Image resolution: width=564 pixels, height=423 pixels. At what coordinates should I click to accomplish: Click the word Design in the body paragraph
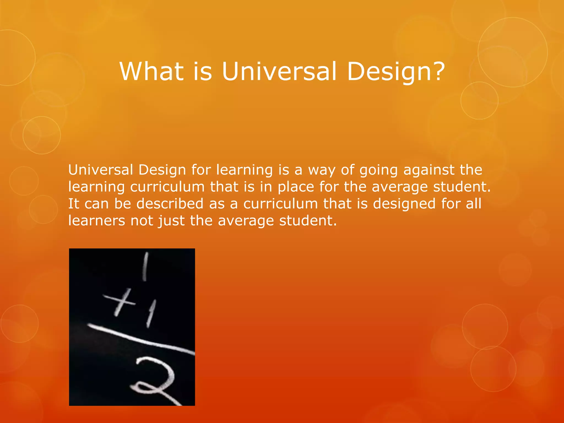(x=162, y=170)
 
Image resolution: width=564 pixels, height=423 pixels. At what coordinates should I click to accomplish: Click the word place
(x=296, y=187)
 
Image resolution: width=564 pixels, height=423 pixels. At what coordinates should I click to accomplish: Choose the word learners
(x=97, y=221)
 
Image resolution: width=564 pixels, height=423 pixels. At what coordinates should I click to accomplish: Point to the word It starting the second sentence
(x=74, y=204)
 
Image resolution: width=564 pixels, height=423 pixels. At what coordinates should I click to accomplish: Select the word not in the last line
(x=142, y=221)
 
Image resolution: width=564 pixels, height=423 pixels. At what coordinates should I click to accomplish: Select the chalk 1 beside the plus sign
(x=151, y=313)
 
